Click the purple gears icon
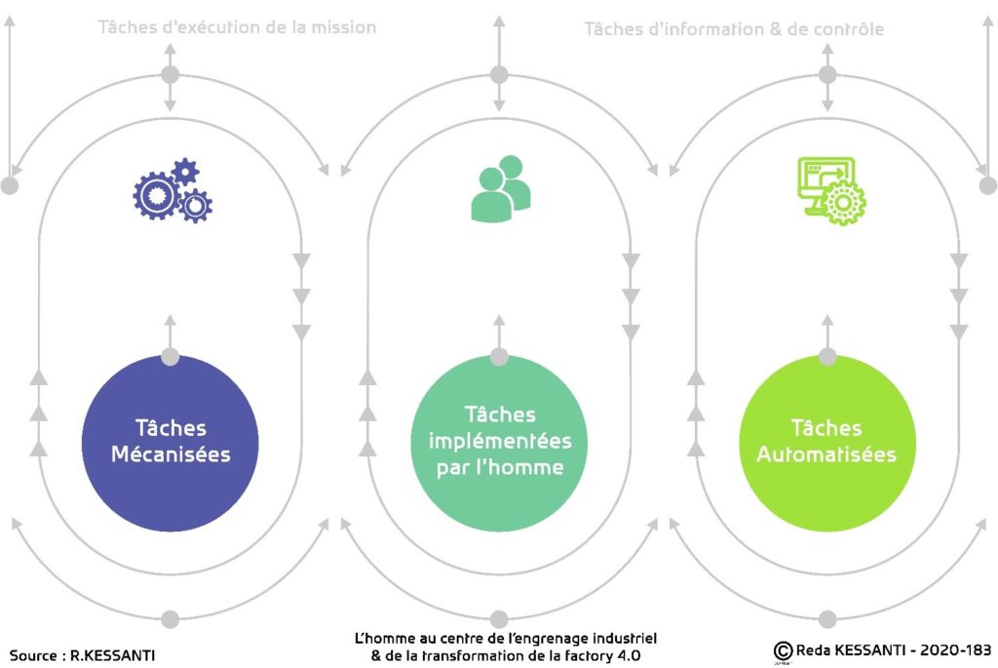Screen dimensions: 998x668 tap(173, 190)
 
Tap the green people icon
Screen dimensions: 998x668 tap(500, 188)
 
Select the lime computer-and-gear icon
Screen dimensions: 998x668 tap(831, 190)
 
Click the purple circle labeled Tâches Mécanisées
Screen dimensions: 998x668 tap(170, 443)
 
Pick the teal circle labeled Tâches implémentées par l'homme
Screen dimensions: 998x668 tap(499, 443)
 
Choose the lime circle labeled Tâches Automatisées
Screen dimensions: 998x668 tap(827, 443)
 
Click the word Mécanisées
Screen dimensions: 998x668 tap(171, 454)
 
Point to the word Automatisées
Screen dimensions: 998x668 tap(826, 454)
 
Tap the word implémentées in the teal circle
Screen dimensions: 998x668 tap(500, 441)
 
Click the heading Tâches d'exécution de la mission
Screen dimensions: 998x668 tap(237, 27)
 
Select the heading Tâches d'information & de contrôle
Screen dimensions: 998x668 tap(734, 29)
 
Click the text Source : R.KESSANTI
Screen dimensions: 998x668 tap(82, 655)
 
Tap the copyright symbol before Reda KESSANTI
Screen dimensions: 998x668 tap(783, 650)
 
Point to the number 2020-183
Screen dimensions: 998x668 tap(955, 650)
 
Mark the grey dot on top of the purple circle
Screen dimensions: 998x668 tap(170, 357)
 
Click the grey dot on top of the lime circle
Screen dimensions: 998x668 tap(827, 357)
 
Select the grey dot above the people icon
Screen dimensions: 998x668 tap(499, 74)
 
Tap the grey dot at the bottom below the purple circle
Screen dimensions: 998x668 tap(170, 619)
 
